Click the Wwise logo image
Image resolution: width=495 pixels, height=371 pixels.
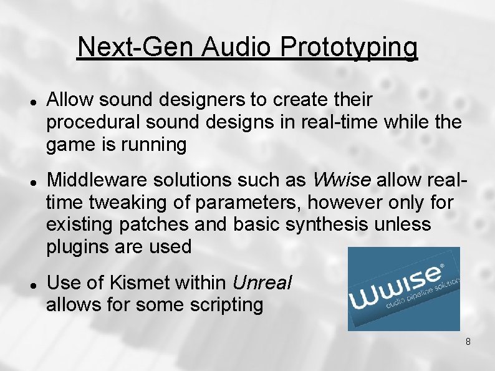403,288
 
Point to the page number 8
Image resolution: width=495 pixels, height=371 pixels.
468,342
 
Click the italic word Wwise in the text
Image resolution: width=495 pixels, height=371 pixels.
341,181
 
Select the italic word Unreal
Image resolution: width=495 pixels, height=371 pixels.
261,282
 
